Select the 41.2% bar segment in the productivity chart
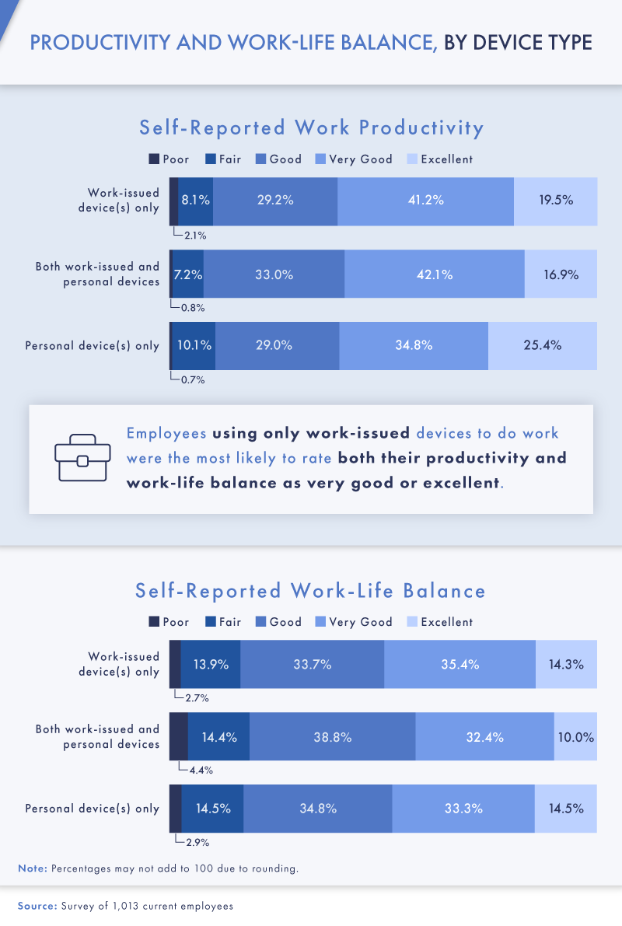425,201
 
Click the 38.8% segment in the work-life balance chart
332,736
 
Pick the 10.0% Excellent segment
575,736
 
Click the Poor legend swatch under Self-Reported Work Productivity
154,159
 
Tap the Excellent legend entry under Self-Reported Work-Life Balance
439,622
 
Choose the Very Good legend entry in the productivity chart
354,159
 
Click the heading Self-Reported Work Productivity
311,128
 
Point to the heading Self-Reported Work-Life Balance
311,591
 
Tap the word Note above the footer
32,868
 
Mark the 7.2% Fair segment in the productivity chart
188,274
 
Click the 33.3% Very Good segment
463,809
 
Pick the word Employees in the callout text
166,433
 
